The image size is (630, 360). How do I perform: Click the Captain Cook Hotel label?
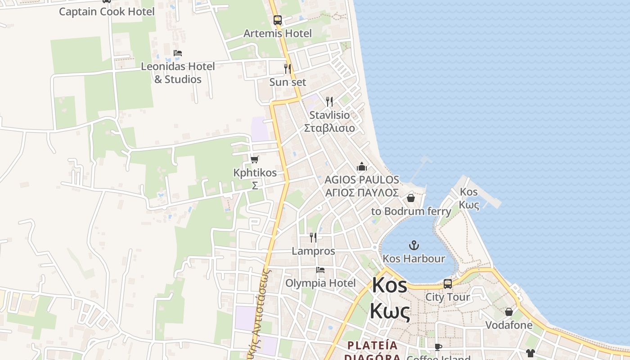point(107,11)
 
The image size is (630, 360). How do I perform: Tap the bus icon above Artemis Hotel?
point(278,20)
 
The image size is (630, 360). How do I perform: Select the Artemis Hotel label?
point(278,33)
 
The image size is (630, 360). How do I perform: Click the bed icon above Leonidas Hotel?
point(178,53)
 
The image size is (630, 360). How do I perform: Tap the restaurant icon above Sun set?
point(288,69)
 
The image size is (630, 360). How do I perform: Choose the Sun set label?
point(288,82)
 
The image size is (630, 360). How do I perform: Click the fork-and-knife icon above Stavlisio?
point(329,102)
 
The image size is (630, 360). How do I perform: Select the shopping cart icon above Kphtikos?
point(255,159)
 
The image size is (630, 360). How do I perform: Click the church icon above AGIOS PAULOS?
point(362,167)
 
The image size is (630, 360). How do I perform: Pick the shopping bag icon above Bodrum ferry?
point(411,198)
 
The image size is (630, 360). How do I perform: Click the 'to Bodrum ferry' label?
point(411,211)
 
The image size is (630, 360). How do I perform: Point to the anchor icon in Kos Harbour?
point(414,245)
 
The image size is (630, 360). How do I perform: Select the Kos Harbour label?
point(414,258)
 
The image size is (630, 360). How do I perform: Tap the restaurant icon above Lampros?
point(313,238)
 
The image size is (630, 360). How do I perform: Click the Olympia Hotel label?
point(320,283)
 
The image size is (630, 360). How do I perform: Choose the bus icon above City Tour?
point(448,284)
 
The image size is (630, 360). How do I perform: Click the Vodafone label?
point(508,325)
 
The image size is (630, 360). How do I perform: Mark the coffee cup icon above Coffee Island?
point(438,347)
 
